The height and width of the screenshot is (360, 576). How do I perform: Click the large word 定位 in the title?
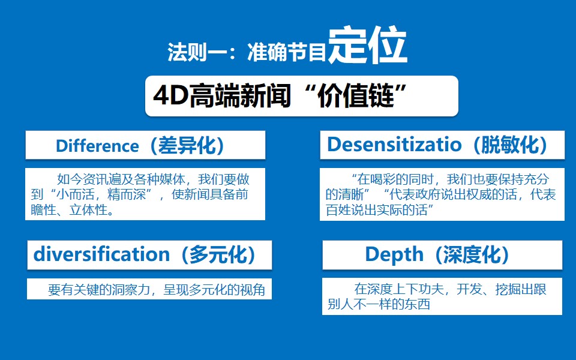coord(367,45)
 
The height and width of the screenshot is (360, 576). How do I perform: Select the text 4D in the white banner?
coord(171,96)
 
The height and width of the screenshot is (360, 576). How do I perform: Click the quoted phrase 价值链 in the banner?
coord(355,96)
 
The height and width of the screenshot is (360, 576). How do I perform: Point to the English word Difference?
coord(97,146)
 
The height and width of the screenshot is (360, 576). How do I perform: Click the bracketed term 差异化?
coord(187,145)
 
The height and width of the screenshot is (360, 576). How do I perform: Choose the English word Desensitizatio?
coord(394,144)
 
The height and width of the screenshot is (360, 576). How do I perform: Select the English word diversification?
coord(101,254)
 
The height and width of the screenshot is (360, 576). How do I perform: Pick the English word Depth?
coord(394,255)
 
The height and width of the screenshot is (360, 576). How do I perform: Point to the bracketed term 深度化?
coord(472,254)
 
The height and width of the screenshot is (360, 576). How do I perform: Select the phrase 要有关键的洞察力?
coord(99,290)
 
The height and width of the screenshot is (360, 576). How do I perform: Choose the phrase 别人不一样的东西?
coord(379,304)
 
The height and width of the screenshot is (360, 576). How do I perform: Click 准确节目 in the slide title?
coord(287,52)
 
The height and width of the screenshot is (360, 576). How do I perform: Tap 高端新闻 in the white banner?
coord(240,96)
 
